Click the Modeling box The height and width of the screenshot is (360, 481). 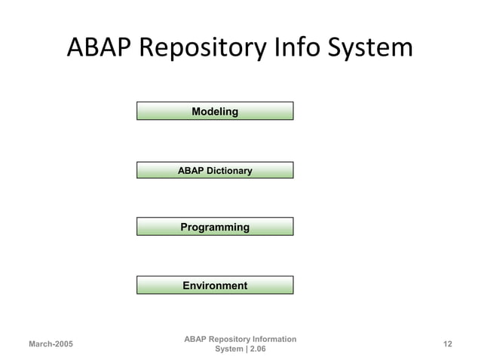tap(214, 111)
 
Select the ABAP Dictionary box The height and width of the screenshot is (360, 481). tap(214, 171)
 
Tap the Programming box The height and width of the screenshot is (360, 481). tap(214, 227)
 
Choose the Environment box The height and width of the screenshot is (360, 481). tap(214, 285)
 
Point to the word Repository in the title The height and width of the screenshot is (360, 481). tap(204, 47)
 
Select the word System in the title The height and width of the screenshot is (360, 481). tap(372, 47)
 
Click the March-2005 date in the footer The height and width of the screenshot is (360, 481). tap(51, 344)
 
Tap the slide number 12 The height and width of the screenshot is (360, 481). tap(448, 344)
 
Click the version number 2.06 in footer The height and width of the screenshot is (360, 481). tap(256, 349)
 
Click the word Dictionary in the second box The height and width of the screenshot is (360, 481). tap(229, 171)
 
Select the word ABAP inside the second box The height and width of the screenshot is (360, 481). tap(191, 171)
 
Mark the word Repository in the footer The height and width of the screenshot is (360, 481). tap(226, 339)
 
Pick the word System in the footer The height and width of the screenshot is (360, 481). tap(228, 349)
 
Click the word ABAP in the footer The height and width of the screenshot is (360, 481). tap(195, 339)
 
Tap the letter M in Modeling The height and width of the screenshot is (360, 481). tap(196, 111)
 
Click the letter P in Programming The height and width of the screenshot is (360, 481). tap(184, 227)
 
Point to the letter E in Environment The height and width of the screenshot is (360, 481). tap(186, 285)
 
